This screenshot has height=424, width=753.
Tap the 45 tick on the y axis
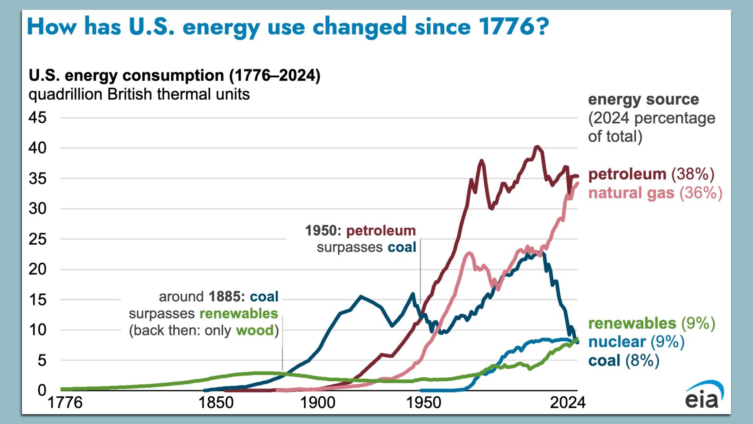[38, 117]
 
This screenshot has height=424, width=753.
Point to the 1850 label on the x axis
[216, 402]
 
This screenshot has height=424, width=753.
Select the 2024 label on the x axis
[567, 402]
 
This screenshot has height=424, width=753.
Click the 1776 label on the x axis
[65, 402]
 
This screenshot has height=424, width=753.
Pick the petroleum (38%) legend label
[651, 174]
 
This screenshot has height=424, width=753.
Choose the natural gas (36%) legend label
[655, 193]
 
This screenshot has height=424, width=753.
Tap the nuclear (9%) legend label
[636, 342]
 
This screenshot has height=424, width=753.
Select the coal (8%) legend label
[624, 360]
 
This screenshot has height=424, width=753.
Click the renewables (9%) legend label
[651, 323]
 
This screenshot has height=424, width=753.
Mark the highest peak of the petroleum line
[537, 147]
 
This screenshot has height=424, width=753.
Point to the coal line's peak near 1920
[361, 296]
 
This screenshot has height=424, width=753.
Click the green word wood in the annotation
[255, 330]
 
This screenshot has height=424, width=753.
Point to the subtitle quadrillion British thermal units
[139, 94]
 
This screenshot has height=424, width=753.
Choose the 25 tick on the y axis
[38, 239]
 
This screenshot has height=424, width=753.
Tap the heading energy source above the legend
[643, 99]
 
